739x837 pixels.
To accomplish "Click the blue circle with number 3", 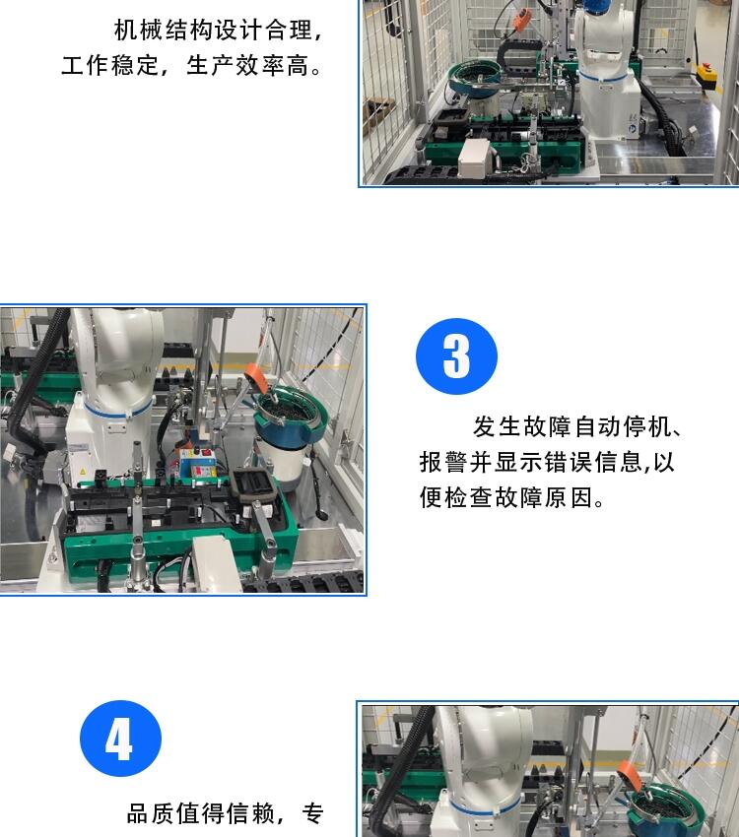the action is click(x=456, y=356).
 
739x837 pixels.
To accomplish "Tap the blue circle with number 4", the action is click(x=120, y=739).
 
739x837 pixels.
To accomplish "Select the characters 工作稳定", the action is click(x=110, y=66).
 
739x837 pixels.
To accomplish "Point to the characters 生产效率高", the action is click(x=247, y=66).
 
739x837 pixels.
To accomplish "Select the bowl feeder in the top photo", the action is click(x=474, y=86).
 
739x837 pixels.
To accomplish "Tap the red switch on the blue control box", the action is click(x=206, y=453).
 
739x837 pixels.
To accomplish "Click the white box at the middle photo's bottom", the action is click(x=217, y=563).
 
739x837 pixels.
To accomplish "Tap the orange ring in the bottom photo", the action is click(x=630, y=777).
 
